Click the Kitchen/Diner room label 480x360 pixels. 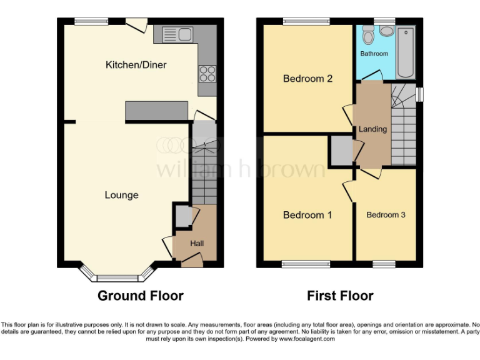(x=136, y=65)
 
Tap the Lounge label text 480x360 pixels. (x=121, y=195)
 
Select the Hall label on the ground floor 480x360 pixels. (x=196, y=243)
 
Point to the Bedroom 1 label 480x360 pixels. (x=307, y=215)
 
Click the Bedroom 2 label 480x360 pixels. (x=307, y=79)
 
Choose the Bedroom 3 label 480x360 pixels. (x=386, y=215)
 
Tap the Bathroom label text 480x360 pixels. (x=374, y=54)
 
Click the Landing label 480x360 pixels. (x=372, y=129)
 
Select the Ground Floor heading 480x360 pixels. (x=140, y=296)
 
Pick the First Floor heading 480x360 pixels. (x=340, y=296)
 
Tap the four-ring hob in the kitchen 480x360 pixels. (x=207, y=75)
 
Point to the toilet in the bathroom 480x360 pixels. (x=368, y=36)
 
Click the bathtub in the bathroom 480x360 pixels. (x=405, y=51)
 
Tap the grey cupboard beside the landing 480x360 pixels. (x=341, y=150)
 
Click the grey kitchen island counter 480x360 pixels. (x=157, y=111)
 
